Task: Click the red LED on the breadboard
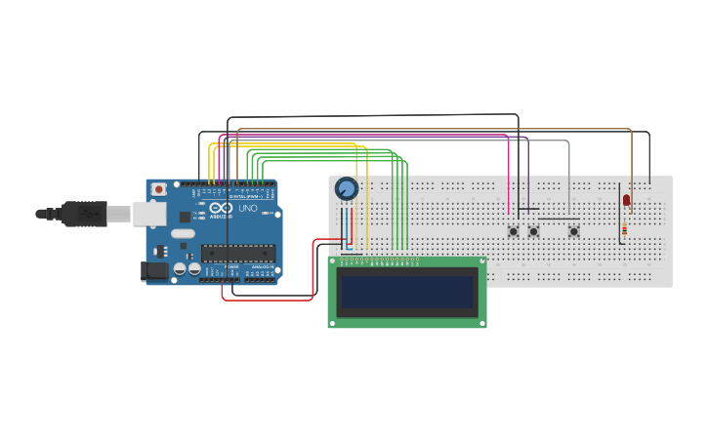(626, 201)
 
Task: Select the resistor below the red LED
(624, 229)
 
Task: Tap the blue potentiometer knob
(346, 188)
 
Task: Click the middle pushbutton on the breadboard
(533, 231)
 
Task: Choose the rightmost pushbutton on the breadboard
(574, 231)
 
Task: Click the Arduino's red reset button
(157, 189)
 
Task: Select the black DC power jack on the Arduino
(154, 270)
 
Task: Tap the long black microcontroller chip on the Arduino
(237, 254)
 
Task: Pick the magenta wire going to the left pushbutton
(509, 176)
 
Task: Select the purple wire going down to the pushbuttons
(528, 176)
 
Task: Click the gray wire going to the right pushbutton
(568, 176)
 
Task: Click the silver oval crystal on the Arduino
(183, 233)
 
